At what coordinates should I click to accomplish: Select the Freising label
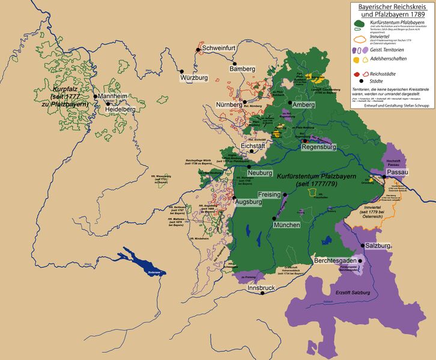coord(268,194)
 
